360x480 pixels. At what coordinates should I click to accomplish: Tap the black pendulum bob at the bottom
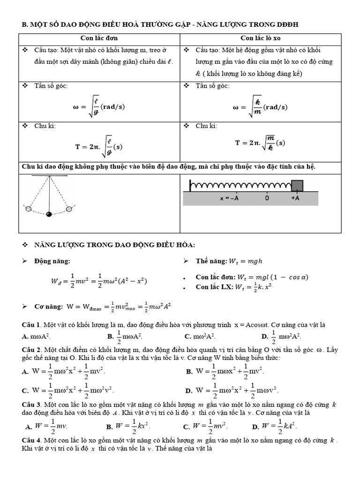click(x=49, y=214)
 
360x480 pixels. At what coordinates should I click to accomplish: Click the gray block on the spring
click(x=297, y=186)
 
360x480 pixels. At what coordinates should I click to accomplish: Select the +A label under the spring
click(x=295, y=198)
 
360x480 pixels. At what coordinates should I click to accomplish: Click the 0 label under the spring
click(x=267, y=198)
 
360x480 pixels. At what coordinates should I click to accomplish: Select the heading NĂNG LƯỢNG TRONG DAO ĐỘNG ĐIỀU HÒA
click(x=115, y=245)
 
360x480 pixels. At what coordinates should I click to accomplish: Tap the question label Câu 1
click(x=32, y=324)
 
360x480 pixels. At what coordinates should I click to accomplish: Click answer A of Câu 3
click(x=40, y=426)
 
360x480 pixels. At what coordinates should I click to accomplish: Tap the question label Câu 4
click(x=32, y=441)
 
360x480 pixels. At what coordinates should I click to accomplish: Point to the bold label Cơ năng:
click(x=49, y=306)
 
